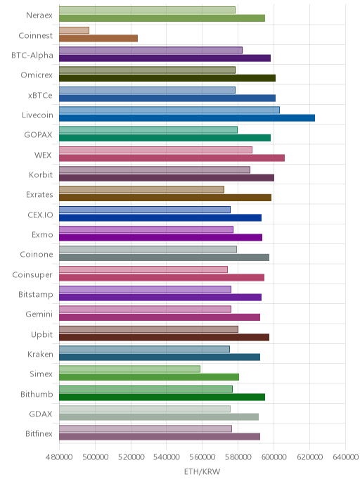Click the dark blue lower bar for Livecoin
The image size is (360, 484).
pos(187,118)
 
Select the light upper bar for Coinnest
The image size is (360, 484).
pos(74,30)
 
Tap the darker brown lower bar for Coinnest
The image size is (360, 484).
pos(98,38)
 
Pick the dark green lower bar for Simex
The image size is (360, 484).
pos(149,377)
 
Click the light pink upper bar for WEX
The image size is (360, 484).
pos(155,150)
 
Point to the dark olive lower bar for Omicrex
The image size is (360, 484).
pos(167,78)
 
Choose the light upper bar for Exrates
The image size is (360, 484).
pos(141,190)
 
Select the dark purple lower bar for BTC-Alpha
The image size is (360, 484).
pos(165,58)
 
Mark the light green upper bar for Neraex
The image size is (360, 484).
pos(147,10)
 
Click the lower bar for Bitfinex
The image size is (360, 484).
pos(160,436)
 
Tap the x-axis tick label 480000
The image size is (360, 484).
pos(59,457)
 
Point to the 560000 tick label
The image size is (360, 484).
pos(202,457)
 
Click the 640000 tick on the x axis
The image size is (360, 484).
pos(345,457)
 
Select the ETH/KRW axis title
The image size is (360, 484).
pos(202,471)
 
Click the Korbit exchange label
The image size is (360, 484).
pos(41,174)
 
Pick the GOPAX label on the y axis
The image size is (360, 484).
pos(38,135)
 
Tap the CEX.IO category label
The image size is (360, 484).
pos(40,215)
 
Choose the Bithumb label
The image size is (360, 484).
pos(37,394)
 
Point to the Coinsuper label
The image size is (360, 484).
pos(32,275)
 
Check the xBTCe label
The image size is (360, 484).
pos(40,95)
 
